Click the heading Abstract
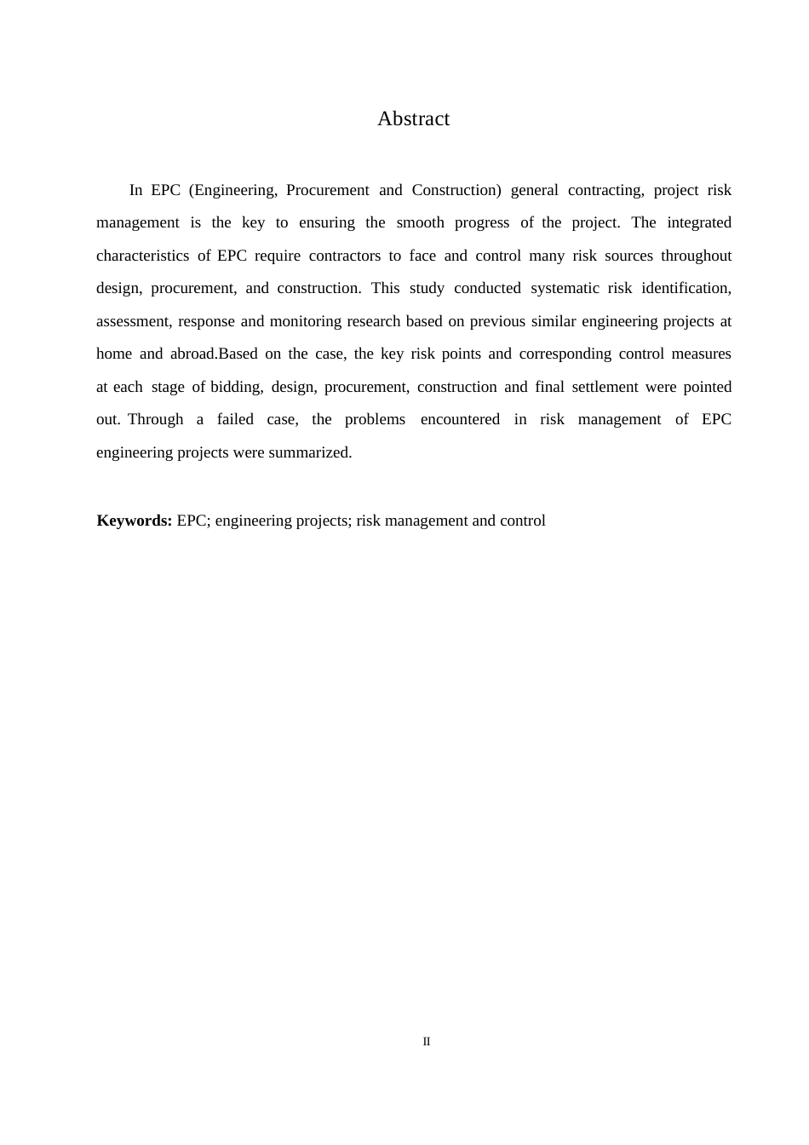click(x=413, y=119)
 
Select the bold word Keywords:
click(x=135, y=521)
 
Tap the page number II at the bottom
click(x=427, y=1041)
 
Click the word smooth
click(x=420, y=222)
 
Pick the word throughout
click(x=696, y=256)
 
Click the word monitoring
click(x=305, y=321)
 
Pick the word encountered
click(x=460, y=419)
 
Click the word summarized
click(x=310, y=452)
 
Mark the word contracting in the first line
click(x=605, y=190)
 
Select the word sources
click(x=628, y=256)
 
